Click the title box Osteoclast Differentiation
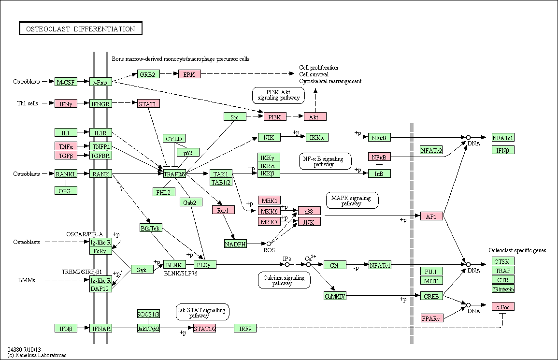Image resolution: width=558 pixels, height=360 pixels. click(x=80, y=29)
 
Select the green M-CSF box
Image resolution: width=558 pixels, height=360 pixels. click(x=66, y=82)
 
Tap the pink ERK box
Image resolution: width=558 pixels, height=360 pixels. click(x=189, y=74)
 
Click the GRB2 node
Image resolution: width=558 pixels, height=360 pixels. click(x=148, y=74)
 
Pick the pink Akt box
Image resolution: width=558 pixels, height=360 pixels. click(x=315, y=116)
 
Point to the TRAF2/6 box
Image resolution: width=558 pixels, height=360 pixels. click(x=174, y=174)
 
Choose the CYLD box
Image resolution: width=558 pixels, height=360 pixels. click(x=174, y=139)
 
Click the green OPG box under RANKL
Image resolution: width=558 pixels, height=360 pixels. click(x=66, y=190)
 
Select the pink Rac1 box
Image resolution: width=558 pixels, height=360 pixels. click(x=224, y=210)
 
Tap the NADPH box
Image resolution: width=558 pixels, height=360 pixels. click(x=236, y=244)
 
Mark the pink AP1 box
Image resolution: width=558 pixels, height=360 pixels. click(x=432, y=216)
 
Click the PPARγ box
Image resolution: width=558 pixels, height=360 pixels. click(x=432, y=318)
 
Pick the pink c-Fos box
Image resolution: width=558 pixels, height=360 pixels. click(x=503, y=306)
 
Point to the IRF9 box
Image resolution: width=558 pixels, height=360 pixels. click(x=245, y=328)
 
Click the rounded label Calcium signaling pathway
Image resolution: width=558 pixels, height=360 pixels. click(x=284, y=280)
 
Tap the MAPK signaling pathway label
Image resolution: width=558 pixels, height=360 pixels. click(x=352, y=201)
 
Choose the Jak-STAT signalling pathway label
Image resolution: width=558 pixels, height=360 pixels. click(x=203, y=312)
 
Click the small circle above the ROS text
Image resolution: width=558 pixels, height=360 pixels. click(x=269, y=244)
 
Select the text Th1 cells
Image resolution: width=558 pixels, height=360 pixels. click(x=28, y=103)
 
